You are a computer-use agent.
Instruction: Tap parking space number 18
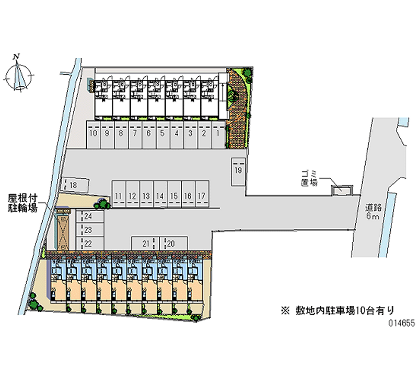[73, 185]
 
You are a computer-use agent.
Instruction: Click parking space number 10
[93, 134]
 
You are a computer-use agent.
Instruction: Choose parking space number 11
[119, 196]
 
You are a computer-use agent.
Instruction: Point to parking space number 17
[202, 196]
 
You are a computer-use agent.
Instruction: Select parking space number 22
[87, 243]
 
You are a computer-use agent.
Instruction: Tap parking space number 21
[146, 243]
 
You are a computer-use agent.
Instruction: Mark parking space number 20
[170, 243]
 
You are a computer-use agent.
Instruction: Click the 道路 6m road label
[373, 212]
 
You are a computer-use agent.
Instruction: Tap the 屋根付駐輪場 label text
[22, 203]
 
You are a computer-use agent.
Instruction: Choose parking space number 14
[160, 196]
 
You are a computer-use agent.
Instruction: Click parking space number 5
[162, 134]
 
